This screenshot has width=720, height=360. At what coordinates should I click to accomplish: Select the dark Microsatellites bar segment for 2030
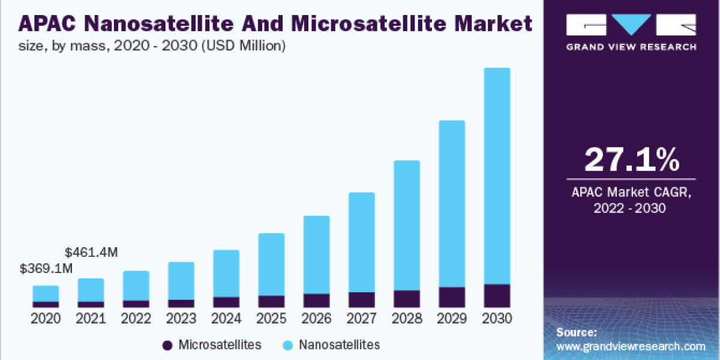tap(497, 296)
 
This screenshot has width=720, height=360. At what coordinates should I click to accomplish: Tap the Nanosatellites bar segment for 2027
tap(361, 242)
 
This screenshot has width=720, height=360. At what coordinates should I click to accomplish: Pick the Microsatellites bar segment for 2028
tap(407, 299)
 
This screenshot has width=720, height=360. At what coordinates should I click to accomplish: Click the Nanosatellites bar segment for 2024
tap(226, 273)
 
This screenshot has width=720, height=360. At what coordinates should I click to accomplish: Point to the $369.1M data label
tap(46, 268)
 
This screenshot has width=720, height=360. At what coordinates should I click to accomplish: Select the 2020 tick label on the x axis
tap(46, 319)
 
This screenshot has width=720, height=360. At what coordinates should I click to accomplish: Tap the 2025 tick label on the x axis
tap(271, 319)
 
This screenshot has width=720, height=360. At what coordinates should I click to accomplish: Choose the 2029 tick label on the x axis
tap(452, 319)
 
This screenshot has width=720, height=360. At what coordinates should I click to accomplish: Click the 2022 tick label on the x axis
tap(136, 319)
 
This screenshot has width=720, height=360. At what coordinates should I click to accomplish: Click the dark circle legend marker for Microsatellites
tap(167, 345)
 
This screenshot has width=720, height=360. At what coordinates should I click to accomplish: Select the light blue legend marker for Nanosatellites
tap(287, 345)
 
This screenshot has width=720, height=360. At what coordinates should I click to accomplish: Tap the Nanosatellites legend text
tap(340, 345)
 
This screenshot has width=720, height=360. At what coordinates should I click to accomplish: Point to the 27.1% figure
tap(632, 160)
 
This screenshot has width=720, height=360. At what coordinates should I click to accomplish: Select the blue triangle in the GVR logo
tap(632, 25)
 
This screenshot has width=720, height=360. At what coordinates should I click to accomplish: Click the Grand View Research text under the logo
tap(632, 47)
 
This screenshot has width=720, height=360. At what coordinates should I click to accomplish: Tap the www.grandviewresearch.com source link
tap(631, 346)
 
